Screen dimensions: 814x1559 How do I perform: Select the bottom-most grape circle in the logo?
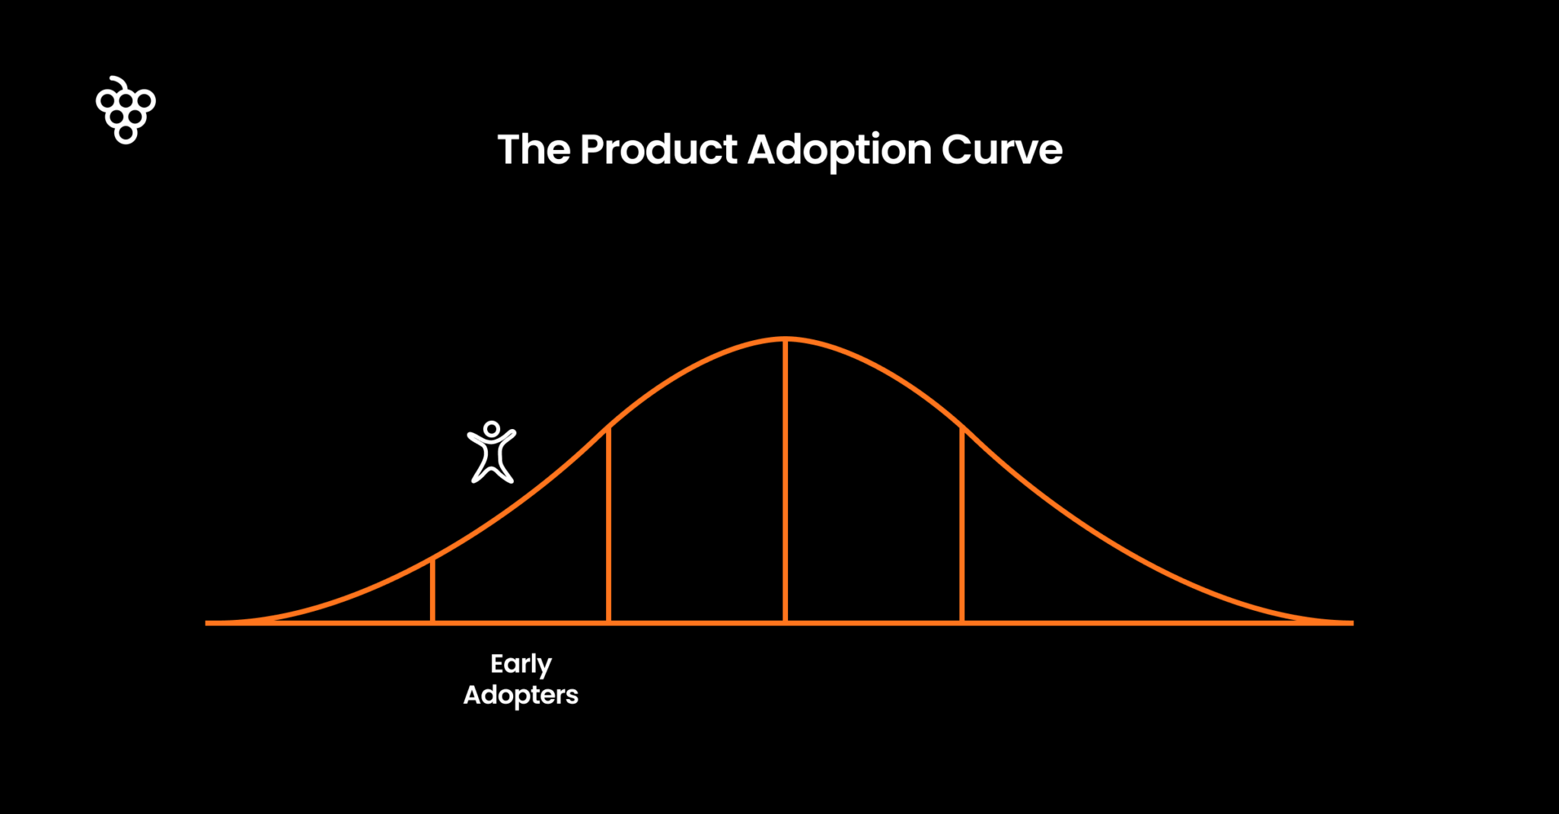coord(126,134)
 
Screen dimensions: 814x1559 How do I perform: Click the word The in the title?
coord(534,149)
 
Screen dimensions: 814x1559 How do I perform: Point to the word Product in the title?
coord(658,149)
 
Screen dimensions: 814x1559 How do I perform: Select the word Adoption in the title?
coord(840,149)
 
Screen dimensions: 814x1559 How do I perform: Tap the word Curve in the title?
coord(1002,149)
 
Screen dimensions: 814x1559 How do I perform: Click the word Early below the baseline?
coord(521,664)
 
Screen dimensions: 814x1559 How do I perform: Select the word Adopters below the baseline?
coord(521,695)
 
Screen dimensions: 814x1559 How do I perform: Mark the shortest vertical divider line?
coord(432,592)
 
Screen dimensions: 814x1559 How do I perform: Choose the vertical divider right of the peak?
coord(962,525)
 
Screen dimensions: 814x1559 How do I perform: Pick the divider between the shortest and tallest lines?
coord(608,525)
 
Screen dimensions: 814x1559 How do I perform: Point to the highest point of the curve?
coord(785,339)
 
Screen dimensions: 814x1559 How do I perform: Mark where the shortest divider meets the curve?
coord(432,561)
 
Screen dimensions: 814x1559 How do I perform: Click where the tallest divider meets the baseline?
coord(785,622)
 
